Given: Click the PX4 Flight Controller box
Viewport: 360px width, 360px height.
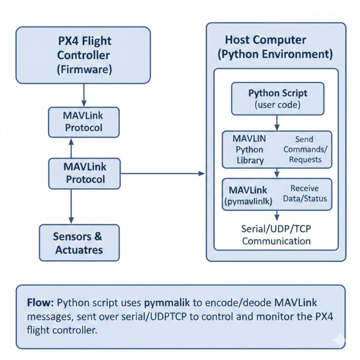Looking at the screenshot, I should (x=83, y=55).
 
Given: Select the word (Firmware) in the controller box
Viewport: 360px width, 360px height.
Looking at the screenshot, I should (x=84, y=70).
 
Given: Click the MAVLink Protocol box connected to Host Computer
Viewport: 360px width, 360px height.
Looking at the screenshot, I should (x=84, y=173).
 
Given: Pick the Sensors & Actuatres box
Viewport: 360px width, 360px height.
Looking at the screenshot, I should (x=79, y=242).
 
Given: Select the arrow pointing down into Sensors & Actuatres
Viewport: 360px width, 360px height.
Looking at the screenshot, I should (x=71, y=206).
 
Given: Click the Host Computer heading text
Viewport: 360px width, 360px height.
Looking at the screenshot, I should (x=275, y=47).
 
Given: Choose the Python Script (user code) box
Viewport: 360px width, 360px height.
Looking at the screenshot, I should (x=277, y=99).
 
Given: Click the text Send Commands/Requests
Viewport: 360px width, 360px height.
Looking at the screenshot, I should (x=304, y=150).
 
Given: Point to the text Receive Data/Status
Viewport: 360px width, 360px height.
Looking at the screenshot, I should (x=304, y=194).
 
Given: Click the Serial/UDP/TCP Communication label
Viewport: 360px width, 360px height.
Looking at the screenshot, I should (x=276, y=235).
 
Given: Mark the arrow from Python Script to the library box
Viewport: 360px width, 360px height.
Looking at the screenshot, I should (x=277, y=123).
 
